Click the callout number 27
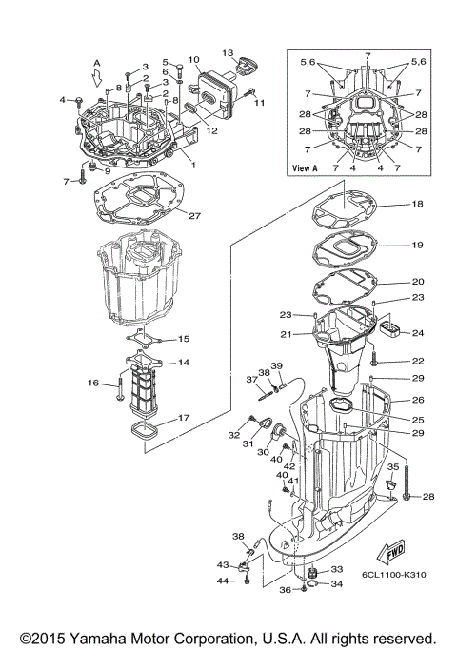click(194, 216)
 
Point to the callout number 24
click(419, 333)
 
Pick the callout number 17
click(183, 417)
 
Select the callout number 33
click(337, 570)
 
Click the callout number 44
click(222, 581)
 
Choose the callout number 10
click(193, 59)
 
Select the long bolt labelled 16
click(119, 387)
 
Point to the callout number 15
click(184, 339)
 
